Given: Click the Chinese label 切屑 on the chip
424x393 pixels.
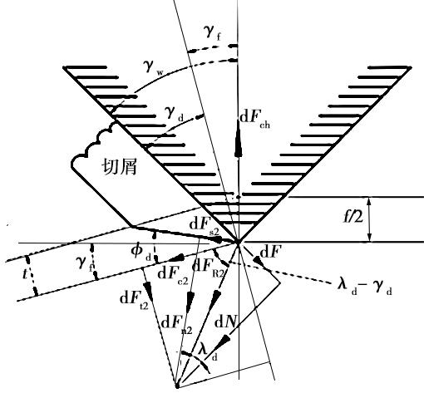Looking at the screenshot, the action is coord(120,167).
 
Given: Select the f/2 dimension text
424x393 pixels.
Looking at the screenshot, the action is coord(353,218).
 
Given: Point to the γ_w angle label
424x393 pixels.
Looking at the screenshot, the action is coord(153,68).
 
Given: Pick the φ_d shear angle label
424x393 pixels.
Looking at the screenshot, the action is coord(141,253).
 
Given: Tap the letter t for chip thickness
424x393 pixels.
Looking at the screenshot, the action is coord(25,274).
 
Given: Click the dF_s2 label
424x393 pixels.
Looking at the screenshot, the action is coord(205,226).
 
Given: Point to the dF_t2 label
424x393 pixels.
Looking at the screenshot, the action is coord(134,300).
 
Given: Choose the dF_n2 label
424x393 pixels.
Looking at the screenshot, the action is coord(176,325).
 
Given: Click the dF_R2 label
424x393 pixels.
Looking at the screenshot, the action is coord(209,268).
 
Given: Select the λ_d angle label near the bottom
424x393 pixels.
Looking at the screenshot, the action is coord(208,352).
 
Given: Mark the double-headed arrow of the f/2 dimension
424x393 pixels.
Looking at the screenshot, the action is coord(369,219).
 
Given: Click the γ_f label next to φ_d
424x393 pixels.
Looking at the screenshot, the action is coord(85,263).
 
